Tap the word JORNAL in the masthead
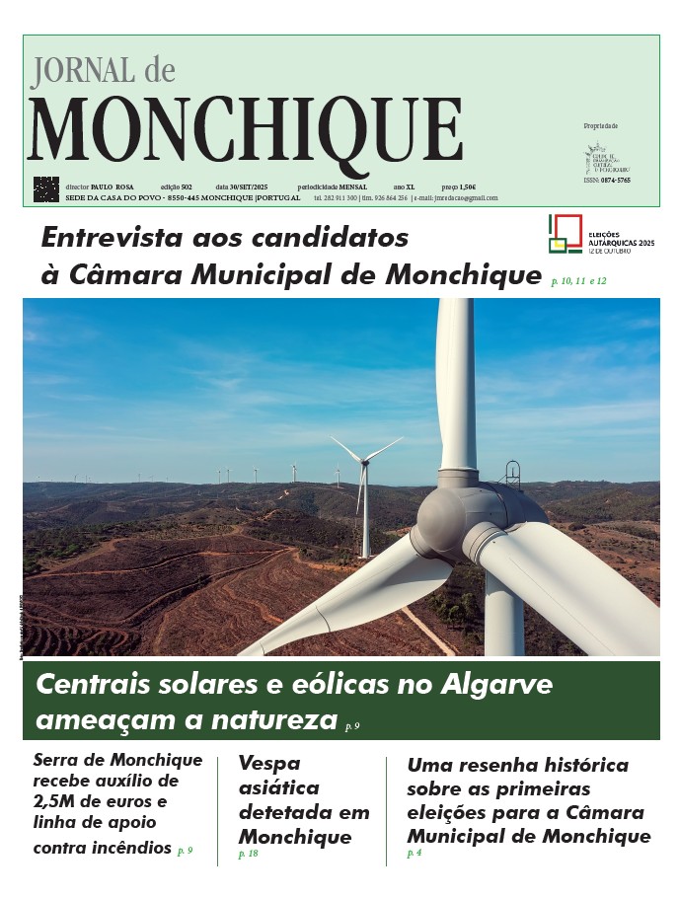(82, 70)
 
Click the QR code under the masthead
(46, 188)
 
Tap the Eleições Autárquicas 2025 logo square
(566, 233)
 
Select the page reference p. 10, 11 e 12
(579, 281)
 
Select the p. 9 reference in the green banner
(352, 726)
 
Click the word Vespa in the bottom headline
(269, 763)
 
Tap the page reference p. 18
(248, 854)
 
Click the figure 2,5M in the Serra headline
(56, 800)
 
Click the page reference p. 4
(414, 854)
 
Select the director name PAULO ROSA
(112, 187)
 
